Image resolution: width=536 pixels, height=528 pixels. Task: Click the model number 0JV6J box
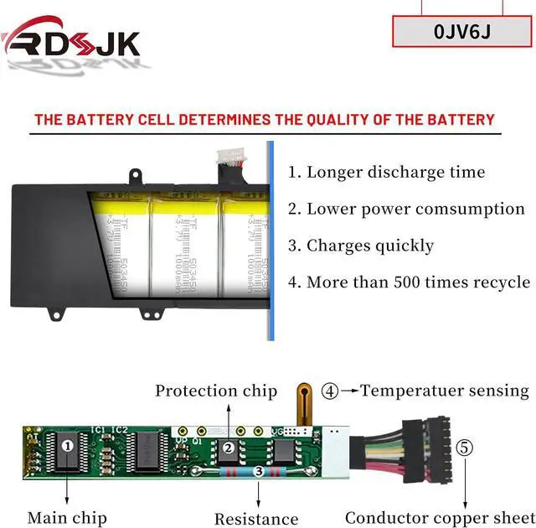[462, 31]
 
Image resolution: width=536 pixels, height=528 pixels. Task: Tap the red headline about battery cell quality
[264, 120]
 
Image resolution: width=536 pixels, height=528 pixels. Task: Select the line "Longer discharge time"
[386, 173]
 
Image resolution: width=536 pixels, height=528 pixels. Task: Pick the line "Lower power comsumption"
[406, 209]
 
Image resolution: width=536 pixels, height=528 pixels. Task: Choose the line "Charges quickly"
[361, 246]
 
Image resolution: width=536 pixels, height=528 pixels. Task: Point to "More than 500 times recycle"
[409, 282]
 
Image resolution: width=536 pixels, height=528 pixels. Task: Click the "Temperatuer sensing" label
[445, 391]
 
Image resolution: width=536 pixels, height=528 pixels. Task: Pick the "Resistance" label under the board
[256, 519]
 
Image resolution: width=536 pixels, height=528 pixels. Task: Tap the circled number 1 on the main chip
[68, 446]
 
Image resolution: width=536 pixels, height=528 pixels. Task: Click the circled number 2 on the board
[228, 448]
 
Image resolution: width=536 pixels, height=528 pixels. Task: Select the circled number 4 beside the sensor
[331, 391]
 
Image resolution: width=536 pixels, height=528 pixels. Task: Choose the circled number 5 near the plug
[464, 448]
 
